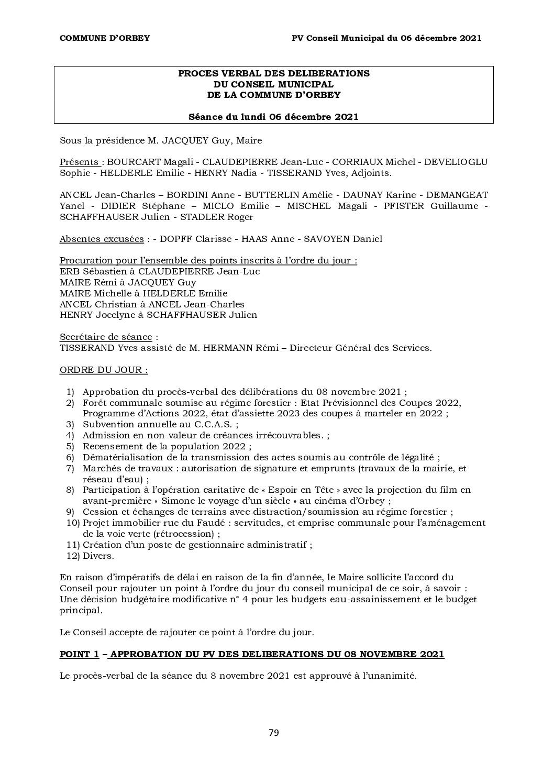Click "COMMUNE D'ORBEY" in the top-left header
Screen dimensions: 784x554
pyautogui.click(x=105, y=38)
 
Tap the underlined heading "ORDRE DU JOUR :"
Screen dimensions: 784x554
pyautogui.click(x=104, y=370)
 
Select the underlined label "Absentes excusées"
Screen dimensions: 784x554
pyautogui.click(x=102, y=239)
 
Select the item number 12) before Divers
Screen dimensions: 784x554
pyautogui.click(x=72, y=556)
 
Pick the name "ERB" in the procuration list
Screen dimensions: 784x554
pyautogui.click(x=69, y=271)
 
